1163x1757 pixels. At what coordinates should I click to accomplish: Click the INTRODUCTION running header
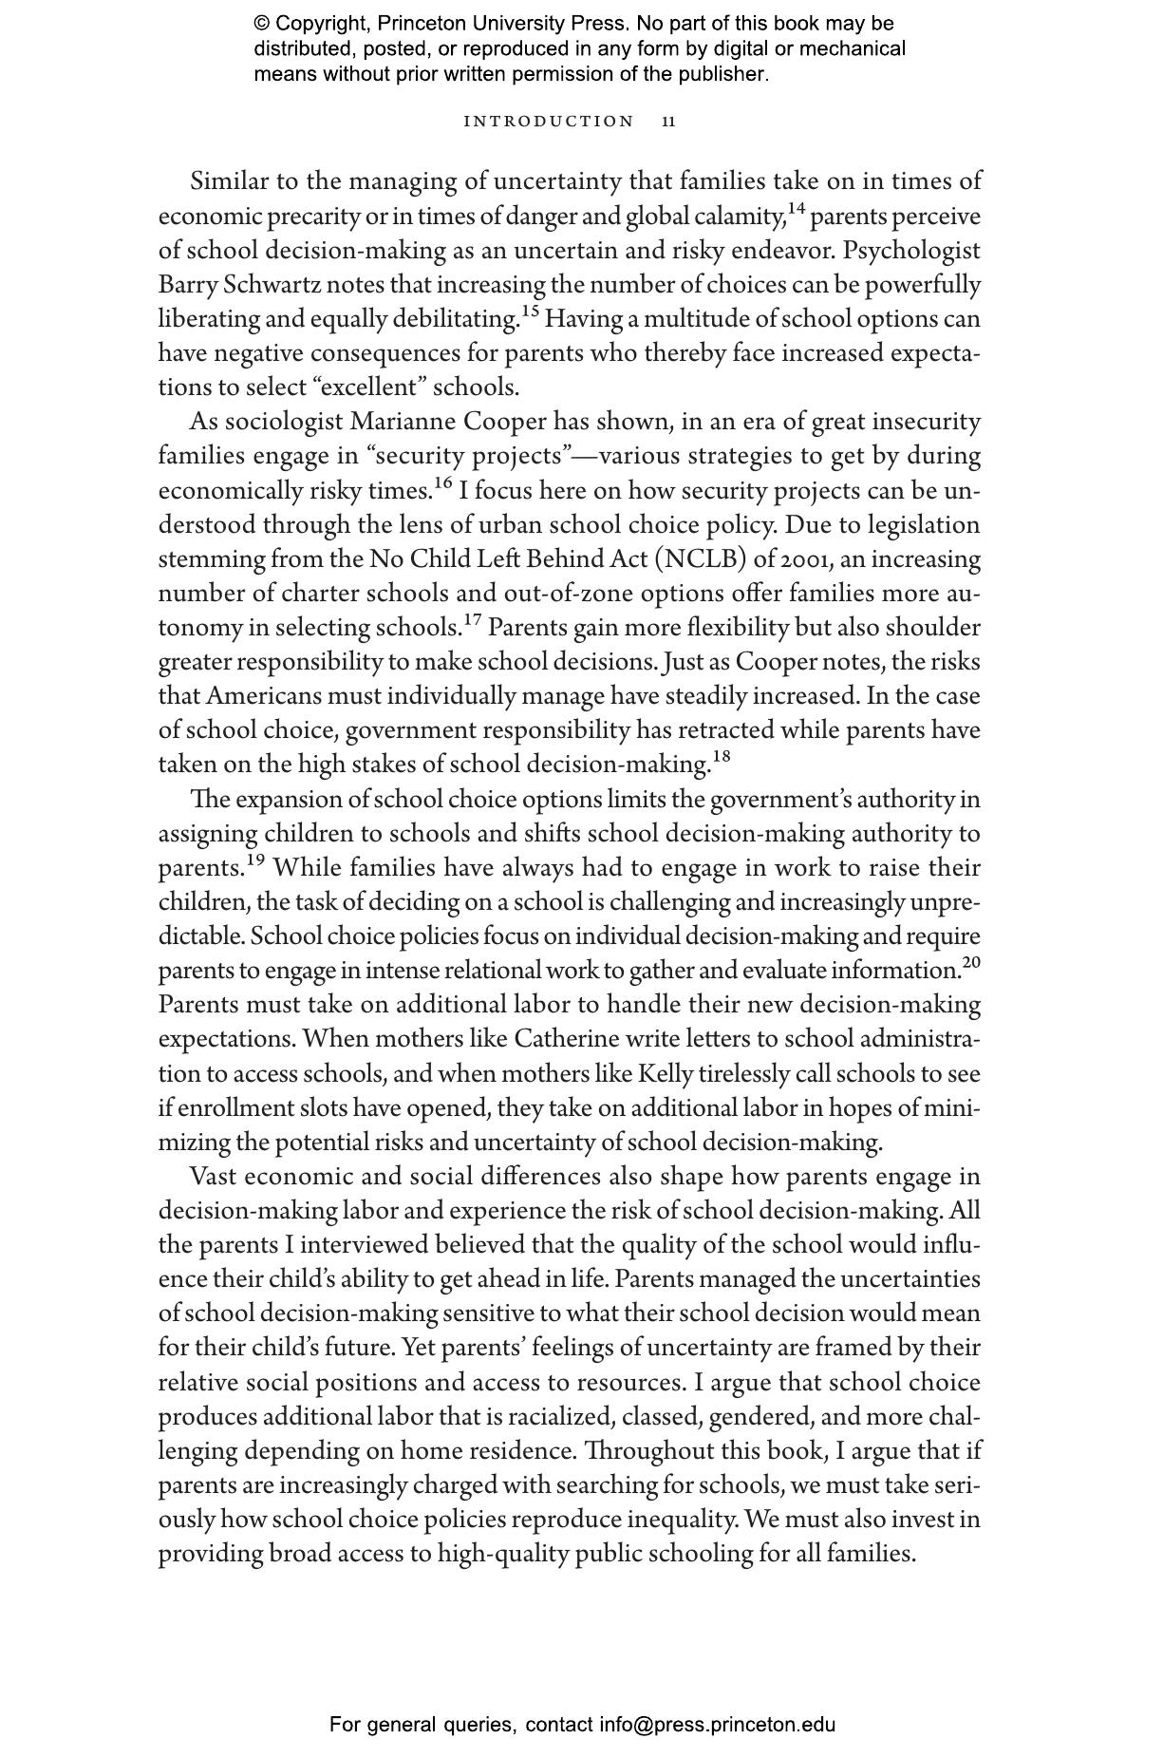[548, 122]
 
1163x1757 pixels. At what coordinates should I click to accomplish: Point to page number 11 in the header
[669, 122]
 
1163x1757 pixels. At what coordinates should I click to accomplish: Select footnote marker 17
[472, 619]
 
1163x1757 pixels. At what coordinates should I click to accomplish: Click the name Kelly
[665, 1073]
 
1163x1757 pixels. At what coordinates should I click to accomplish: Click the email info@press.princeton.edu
[717, 1725]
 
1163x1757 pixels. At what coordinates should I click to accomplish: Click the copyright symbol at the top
[262, 24]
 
